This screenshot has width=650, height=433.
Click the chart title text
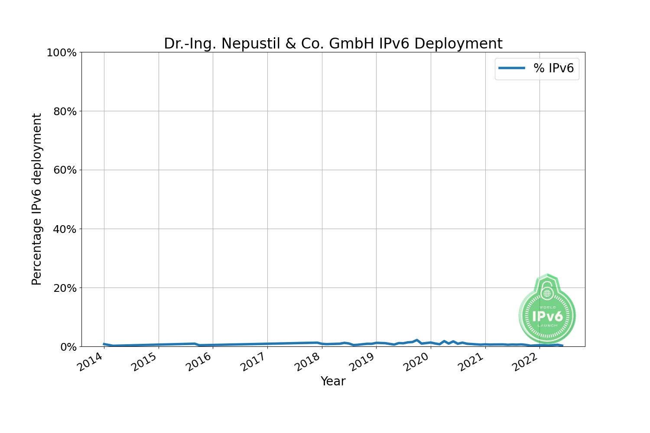point(333,44)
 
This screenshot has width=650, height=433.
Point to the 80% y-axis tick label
point(65,112)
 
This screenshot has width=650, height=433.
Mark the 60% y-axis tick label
point(65,171)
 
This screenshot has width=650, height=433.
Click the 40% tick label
point(65,229)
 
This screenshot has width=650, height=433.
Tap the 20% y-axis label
point(65,288)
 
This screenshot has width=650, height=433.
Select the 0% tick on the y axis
point(68,347)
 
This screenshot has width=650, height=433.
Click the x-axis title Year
point(333,381)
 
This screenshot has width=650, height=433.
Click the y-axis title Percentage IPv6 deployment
point(37,199)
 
